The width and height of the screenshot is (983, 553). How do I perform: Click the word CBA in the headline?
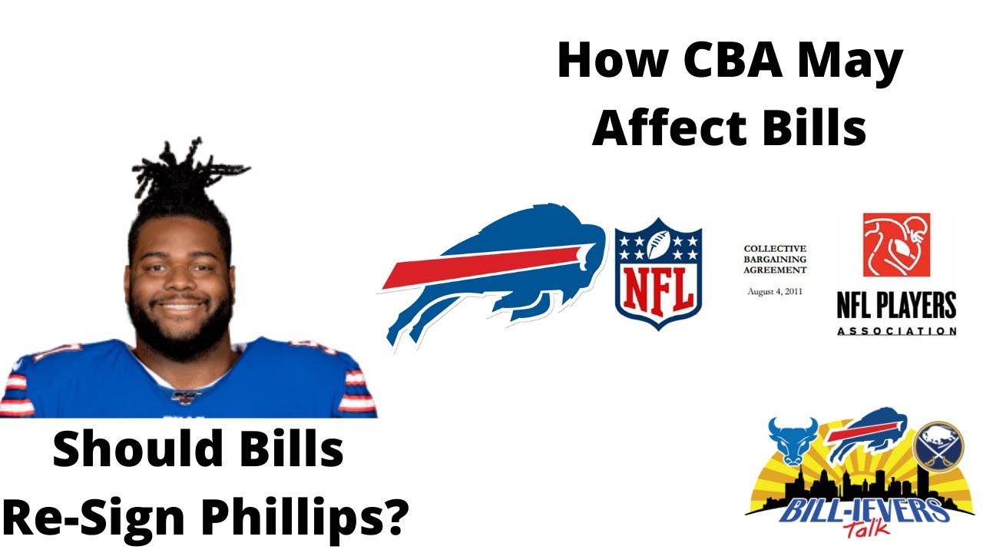pyautogui.click(x=713, y=61)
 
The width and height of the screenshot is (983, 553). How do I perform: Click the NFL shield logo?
pyautogui.click(x=659, y=273)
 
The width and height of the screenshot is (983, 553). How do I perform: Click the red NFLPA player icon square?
pyautogui.click(x=896, y=245)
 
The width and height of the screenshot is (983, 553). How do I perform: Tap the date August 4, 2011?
pyautogui.click(x=775, y=292)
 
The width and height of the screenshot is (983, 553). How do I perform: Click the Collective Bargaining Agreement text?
pyautogui.click(x=775, y=260)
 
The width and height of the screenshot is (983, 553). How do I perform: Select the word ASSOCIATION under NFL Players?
pyautogui.click(x=896, y=331)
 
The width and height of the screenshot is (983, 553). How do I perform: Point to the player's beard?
pyautogui.click(x=180, y=330)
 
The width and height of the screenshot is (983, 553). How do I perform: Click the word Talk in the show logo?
pyautogui.click(x=866, y=530)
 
